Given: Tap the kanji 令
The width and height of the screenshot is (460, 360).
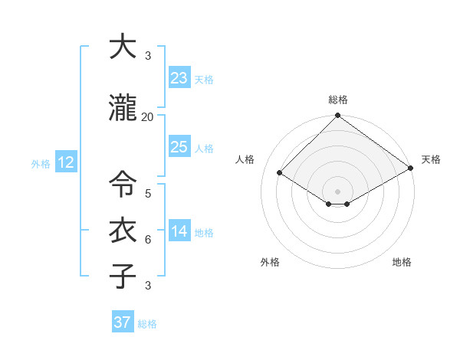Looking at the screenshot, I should pyautogui.click(x=123, y=185).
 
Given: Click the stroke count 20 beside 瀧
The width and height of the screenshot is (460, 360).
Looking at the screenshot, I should pyautogui.click(x=147, y=117).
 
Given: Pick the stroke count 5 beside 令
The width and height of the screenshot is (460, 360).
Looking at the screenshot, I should pyautogui.click(x=148, y=194).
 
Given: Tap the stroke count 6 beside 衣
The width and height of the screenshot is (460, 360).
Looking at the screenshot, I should pyautogui.click(x=148, y=240).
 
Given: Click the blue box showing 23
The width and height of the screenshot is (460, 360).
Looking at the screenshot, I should pyautogui.click(x=179, y=77).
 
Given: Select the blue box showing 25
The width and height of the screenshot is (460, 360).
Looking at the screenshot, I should pyautogui.click(x=179, y=147).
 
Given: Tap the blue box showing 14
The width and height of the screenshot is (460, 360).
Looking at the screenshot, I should pyautogui.click(x=179, y=231).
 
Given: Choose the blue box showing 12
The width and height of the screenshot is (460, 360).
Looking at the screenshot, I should pyautogui.click(x=66, y=162).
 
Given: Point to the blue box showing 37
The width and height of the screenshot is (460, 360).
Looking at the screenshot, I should pyautogui.click(x=123, y=322).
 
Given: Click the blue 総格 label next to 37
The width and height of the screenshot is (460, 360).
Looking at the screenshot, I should pyautogui.click(x=147, y=324).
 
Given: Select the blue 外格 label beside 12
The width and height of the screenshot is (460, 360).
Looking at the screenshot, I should pyautogui.click(x=41, y=164).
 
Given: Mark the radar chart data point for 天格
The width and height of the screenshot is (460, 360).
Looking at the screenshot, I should pyautogui.click(x=411, y=169).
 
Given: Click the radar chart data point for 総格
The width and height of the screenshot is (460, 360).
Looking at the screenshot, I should pyautogui.click(x=337, y=116).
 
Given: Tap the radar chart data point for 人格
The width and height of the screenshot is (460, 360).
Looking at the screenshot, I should pyautogui.click(x=280, y=173).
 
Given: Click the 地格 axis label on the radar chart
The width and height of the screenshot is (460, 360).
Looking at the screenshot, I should pyautogui.click(x=402, y=262).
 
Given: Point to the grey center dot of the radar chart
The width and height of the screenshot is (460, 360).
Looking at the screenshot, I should pyautogui.click(x=337, y=191).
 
